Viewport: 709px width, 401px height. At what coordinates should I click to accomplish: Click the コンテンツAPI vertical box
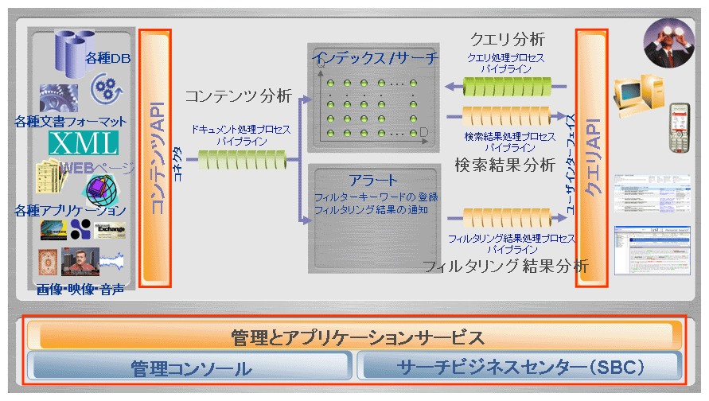(155, 158)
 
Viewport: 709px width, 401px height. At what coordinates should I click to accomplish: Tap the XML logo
(84, 143)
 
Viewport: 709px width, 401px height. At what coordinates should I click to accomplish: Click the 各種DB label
(108, 58)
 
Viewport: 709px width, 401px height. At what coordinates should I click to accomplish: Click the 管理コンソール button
(189, 368)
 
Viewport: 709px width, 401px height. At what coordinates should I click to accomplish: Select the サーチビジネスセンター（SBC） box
(520, 368)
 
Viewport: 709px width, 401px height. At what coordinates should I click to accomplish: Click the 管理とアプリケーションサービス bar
(356, 337)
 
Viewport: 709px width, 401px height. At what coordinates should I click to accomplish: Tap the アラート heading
(373, 181)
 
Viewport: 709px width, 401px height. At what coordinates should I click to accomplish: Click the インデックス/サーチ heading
(373, 58)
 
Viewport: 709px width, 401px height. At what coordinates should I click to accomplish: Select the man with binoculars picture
(668, 40)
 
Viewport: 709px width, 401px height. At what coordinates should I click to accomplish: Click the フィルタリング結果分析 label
(504, 266)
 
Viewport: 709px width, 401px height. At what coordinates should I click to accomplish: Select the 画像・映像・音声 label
(80, 290)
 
